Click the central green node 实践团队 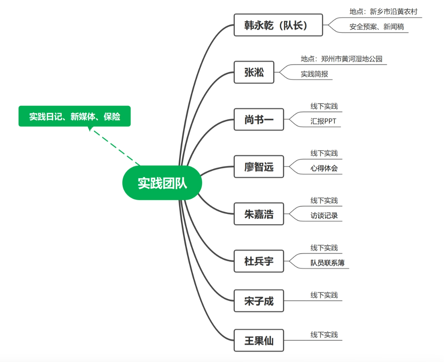click(162, 183)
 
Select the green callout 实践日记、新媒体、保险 click(74, 116)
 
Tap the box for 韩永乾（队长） click(278, 25)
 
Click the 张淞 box click(254, 72)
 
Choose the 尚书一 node click(259, 120)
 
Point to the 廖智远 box click(259, 167)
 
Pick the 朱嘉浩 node click(259, 214)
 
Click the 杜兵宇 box click(259, 261)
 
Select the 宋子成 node click(259, 301)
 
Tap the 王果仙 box click(259, 340)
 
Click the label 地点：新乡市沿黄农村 click(383, 12)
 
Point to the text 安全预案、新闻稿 click(377, 27)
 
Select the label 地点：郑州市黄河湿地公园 click(341, 59)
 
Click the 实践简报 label click(314, 74)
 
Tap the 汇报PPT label click(323, 121)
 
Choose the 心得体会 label click(324, 168)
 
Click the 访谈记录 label click(324, 216)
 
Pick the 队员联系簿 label click(328, 263)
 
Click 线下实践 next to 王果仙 click(324, 335)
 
